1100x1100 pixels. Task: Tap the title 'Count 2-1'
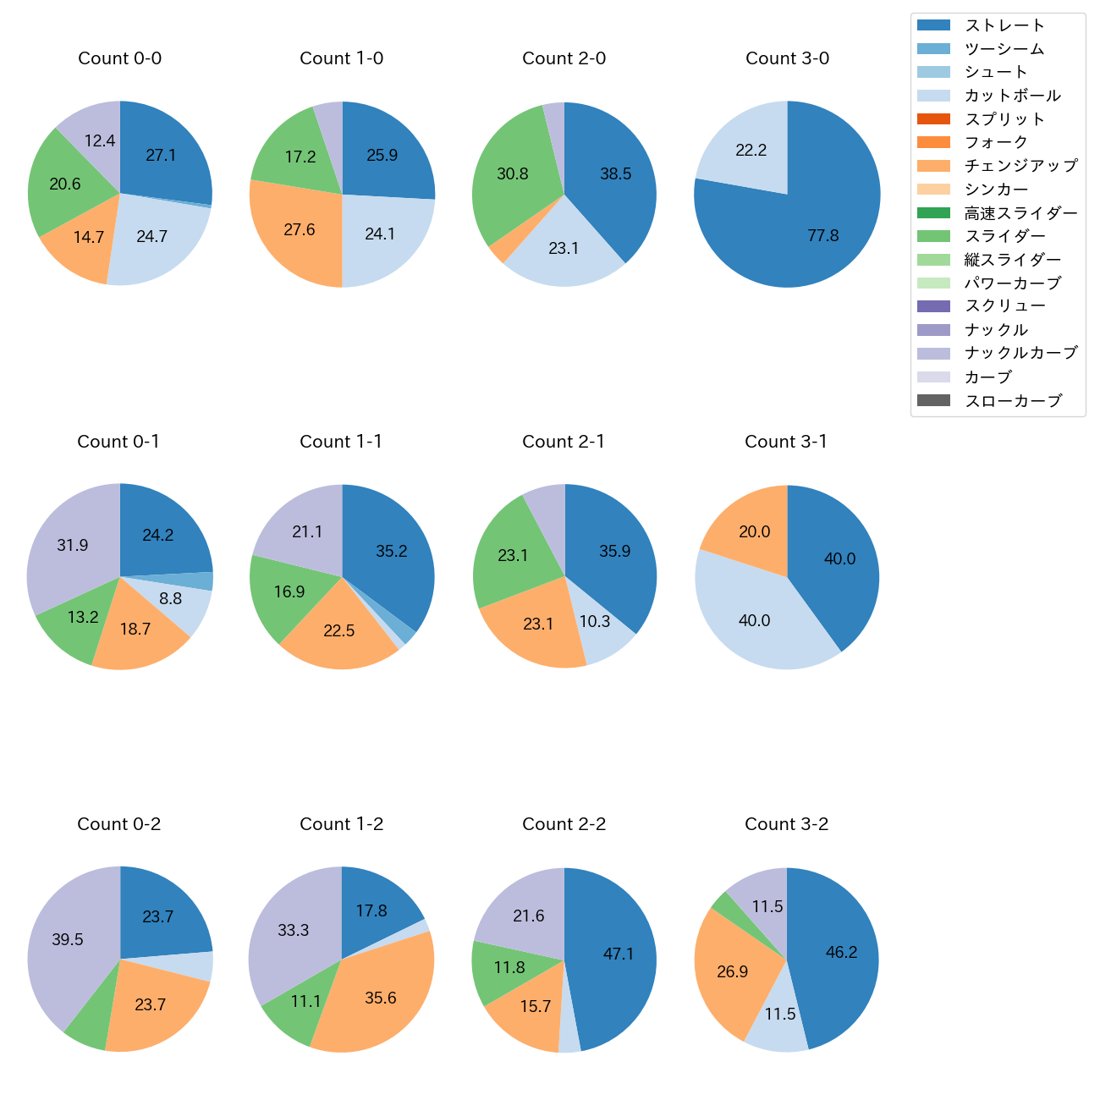click(x=564, y=442)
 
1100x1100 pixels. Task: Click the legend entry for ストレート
click(x=1004, y=25)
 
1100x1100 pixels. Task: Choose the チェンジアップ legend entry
click(x=1020, y=166)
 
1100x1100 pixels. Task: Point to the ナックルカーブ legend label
click(x=1020, y=354)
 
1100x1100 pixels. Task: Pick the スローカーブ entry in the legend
click(x=1013, y=401)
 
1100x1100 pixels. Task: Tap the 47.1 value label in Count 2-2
click(x=619, y=954)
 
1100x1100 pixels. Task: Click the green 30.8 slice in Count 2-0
click(x=513, y=174)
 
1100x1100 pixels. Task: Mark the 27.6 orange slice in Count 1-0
click(x=299, y=230)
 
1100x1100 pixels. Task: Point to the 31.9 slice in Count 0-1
click(x=73, y=545)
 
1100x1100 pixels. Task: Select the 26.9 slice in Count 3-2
click(x=733, y=971)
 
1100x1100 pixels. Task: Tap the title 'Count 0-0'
click(x=119, y=58)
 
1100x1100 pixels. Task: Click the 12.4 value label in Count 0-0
click(x=100, y=141)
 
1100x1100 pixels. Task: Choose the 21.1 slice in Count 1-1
click(x=306, y=531)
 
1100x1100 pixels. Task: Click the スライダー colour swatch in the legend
click(x=933, y=236)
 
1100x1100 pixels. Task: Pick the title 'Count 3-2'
click(x=786, y=824)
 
